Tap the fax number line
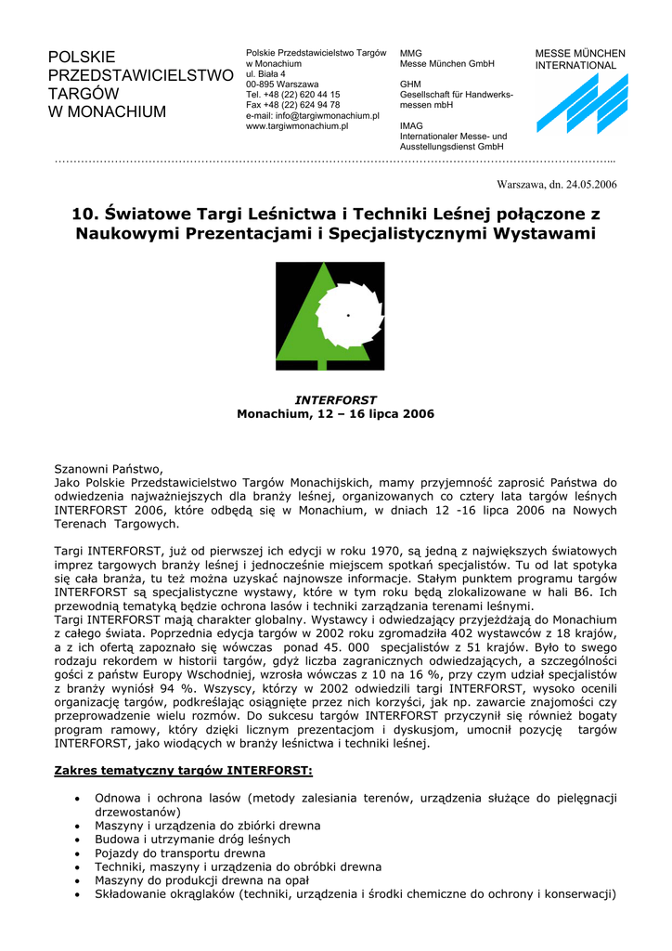coord(286,105)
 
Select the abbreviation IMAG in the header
coord(411,126)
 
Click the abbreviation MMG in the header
coord(410,53)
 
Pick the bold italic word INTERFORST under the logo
coord(335,400)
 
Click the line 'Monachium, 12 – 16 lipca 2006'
coord(335,414)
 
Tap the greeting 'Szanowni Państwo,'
coord(109,469)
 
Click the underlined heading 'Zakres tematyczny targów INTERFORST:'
coord(183,771)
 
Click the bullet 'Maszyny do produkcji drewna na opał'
coord(201,880)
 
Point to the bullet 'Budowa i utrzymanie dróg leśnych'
coord(192,839)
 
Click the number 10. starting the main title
coord(85,214)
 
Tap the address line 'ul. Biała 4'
coord(266,73)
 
